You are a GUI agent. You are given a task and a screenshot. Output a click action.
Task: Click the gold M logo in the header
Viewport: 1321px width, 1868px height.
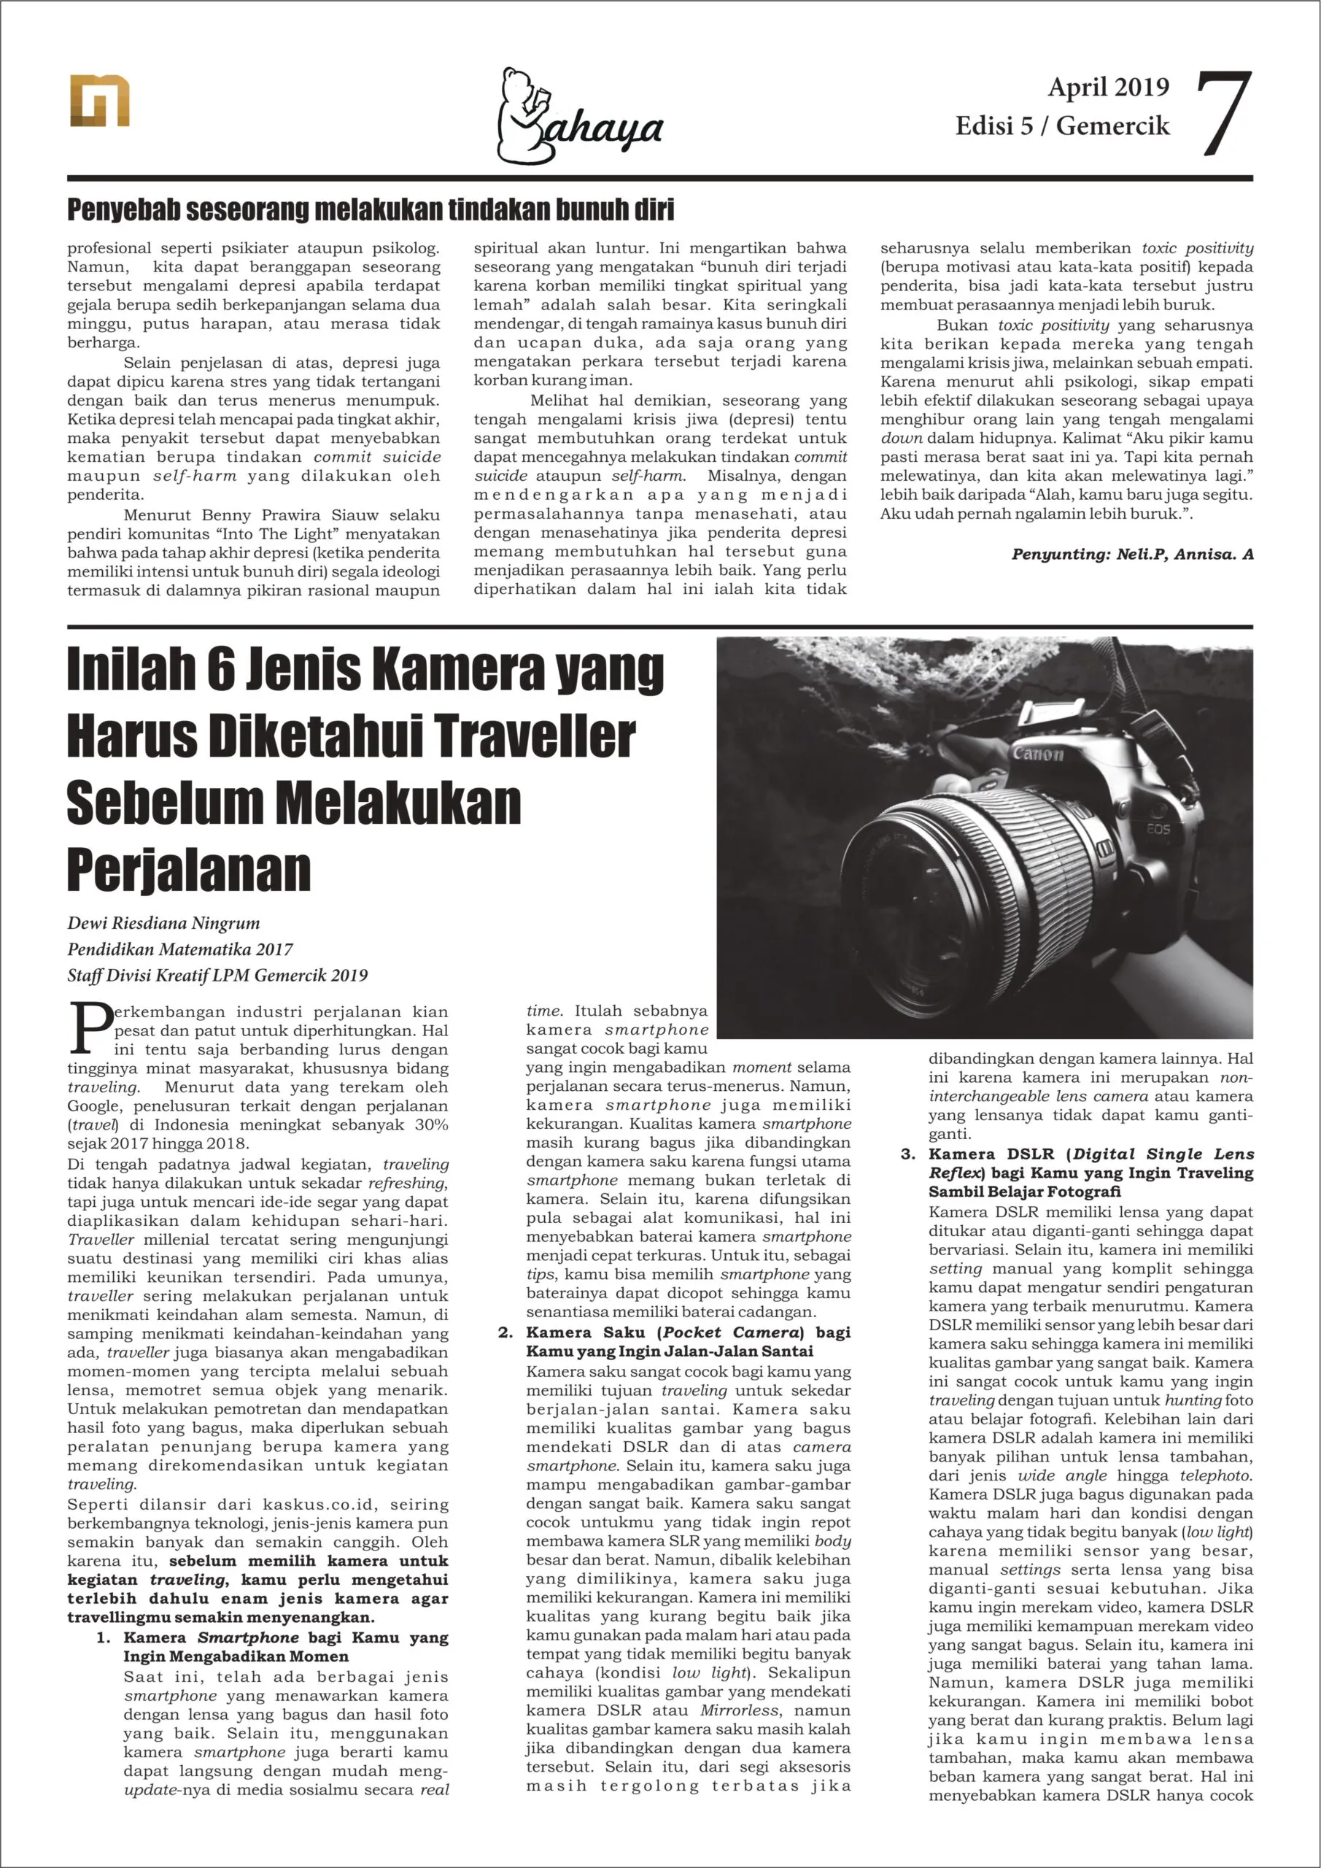pyautogui.click(x=99, y=101)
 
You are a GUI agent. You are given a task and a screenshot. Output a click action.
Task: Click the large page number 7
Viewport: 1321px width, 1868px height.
pyautogui.click(x=1224, y=114)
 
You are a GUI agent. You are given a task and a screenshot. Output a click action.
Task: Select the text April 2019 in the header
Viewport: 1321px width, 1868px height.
pyautogui.click(x=1108, y=87)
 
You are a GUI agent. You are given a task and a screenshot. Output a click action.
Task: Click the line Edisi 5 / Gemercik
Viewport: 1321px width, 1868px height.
pyautogui.click(x=1061, y=126)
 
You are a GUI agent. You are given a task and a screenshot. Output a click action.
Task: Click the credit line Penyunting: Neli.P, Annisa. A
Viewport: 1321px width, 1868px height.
pyautogui.click(x=1131, y=554)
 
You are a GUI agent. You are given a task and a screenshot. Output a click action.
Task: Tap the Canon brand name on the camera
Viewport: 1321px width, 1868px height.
pyautogui.click(x=1038, y=754)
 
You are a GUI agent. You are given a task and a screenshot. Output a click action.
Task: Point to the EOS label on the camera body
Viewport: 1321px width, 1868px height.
pyautogui.click(x=1158, y=829)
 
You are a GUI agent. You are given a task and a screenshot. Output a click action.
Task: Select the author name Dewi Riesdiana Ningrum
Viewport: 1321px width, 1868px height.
pyautogui.click(x=163, y=924)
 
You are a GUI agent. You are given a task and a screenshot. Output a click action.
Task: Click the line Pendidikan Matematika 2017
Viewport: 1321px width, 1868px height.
pyautogui.click(x=179, y=949)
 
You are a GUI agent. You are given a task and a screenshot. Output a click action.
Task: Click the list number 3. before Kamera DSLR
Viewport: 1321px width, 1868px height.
pyautogui.click(x=908, y=1154)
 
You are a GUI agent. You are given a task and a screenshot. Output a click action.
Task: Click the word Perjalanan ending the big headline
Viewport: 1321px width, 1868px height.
pyautogui.click(x=189, y=870)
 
